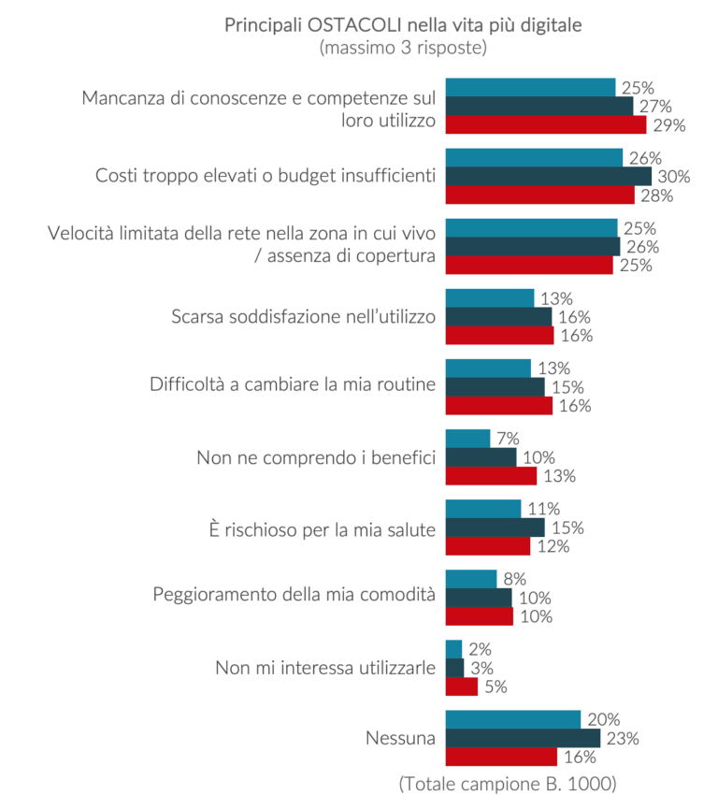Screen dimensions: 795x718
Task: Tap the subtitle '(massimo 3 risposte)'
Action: click(x=403, y=47)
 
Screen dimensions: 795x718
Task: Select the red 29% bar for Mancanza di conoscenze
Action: click(x=545, y=124)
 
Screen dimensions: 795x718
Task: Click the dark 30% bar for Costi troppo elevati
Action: click(x=548, y=176)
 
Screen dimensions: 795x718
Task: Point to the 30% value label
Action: click(x=672, y=176)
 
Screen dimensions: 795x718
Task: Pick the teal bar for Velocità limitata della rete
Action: click(x=531, y=228)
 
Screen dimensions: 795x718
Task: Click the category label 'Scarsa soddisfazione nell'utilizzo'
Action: click(x=304, y=316)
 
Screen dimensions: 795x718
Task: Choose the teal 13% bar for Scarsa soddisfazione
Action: click(x=489, y=298)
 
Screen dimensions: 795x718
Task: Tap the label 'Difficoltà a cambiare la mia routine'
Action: click(x=293, y=386)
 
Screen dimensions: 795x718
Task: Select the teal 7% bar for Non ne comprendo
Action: click(x=467, y=439)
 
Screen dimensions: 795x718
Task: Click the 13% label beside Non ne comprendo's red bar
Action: click(x=559, y=476)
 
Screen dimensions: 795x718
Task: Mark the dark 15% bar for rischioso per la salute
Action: click(x=495, y=528)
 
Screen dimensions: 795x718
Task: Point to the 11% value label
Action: click(x=543, y=509)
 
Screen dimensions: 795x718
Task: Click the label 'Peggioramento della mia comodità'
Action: click(x=294, y=594)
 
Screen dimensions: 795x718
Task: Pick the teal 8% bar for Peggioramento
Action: click(x=470, y=579)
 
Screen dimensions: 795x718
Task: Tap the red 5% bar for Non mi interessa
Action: click(x=462, y=687)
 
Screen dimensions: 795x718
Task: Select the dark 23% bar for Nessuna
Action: click(x=523, y=738)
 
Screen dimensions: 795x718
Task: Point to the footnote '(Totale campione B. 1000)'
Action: click(x=508, y=781)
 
